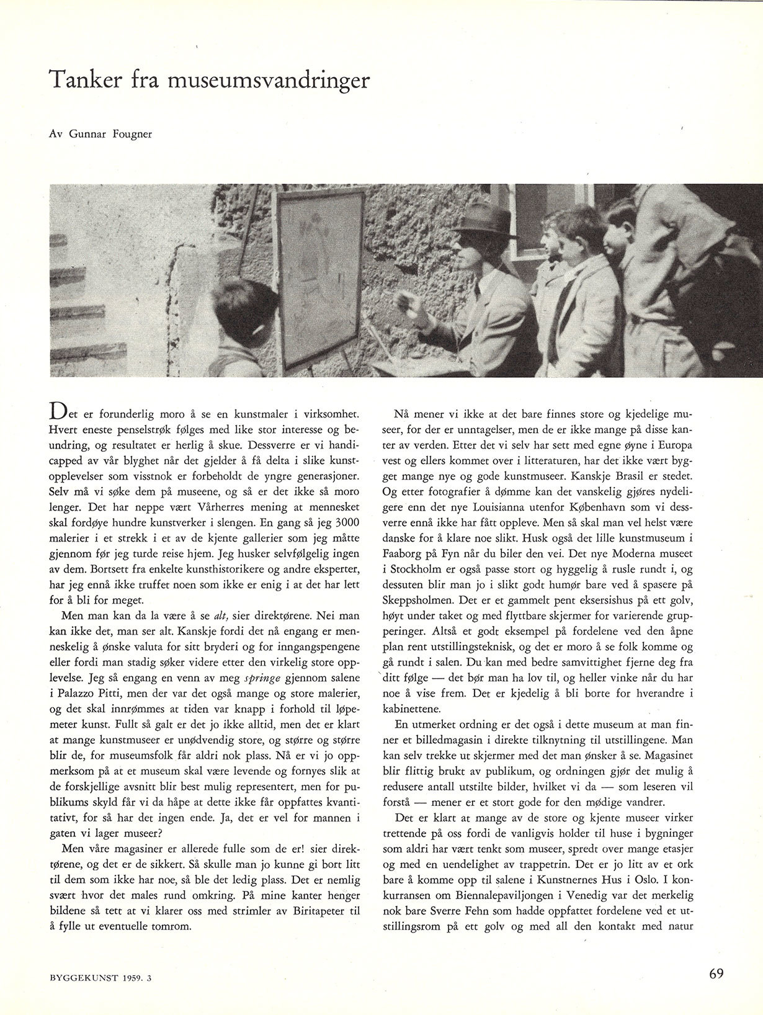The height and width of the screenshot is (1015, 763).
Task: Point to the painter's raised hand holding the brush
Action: [x=407, y=304]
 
